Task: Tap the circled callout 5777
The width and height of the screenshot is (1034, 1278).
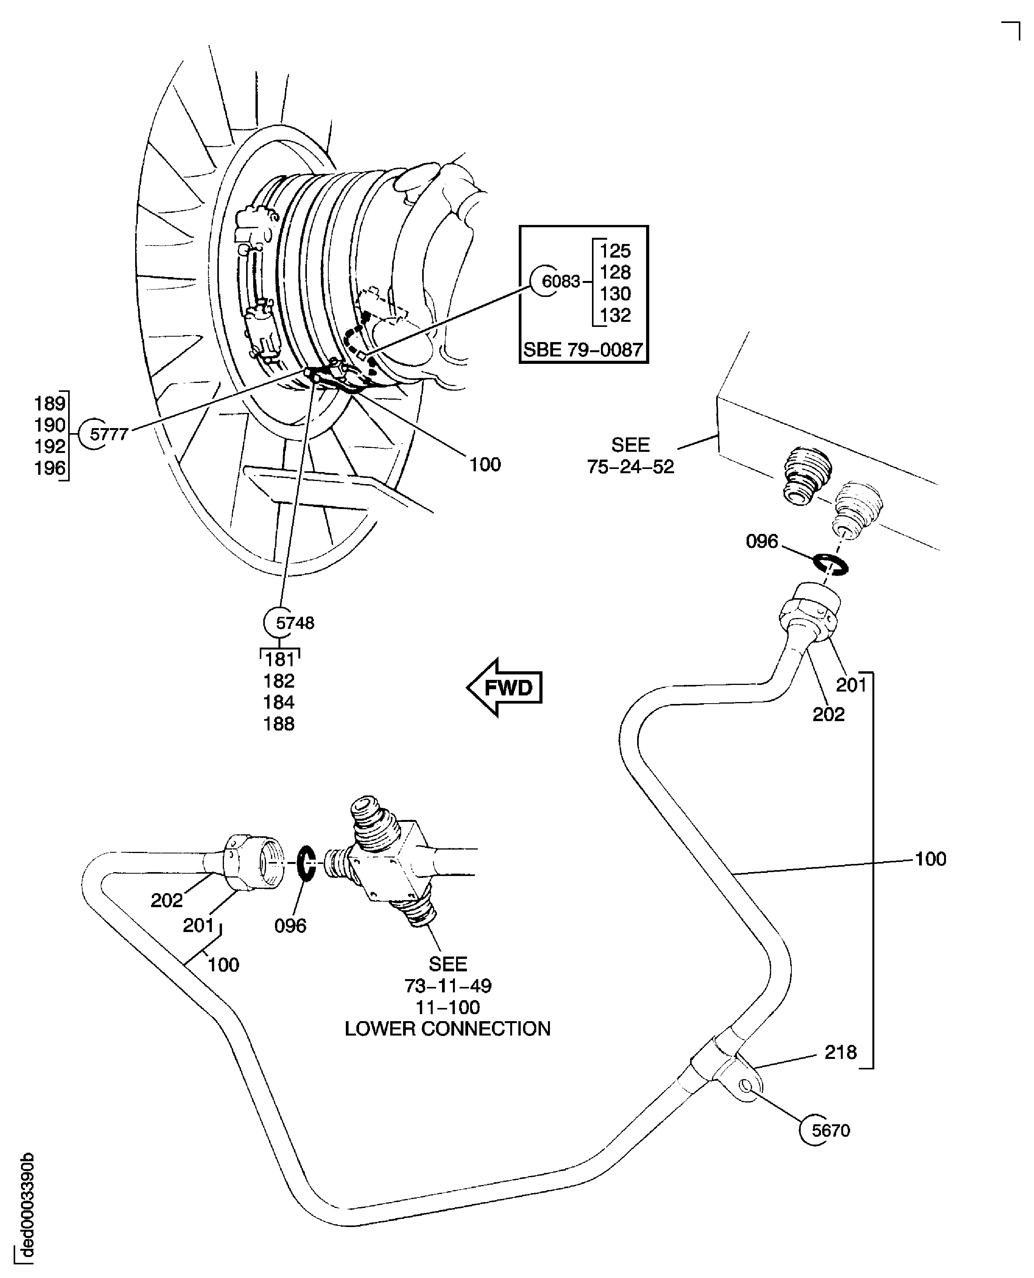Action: pos(108,434)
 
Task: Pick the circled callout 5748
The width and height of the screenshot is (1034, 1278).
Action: pos(294,623)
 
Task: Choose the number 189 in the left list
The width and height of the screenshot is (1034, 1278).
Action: pos(49,404)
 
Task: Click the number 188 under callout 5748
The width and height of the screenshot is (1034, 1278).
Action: pos(279,724)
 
